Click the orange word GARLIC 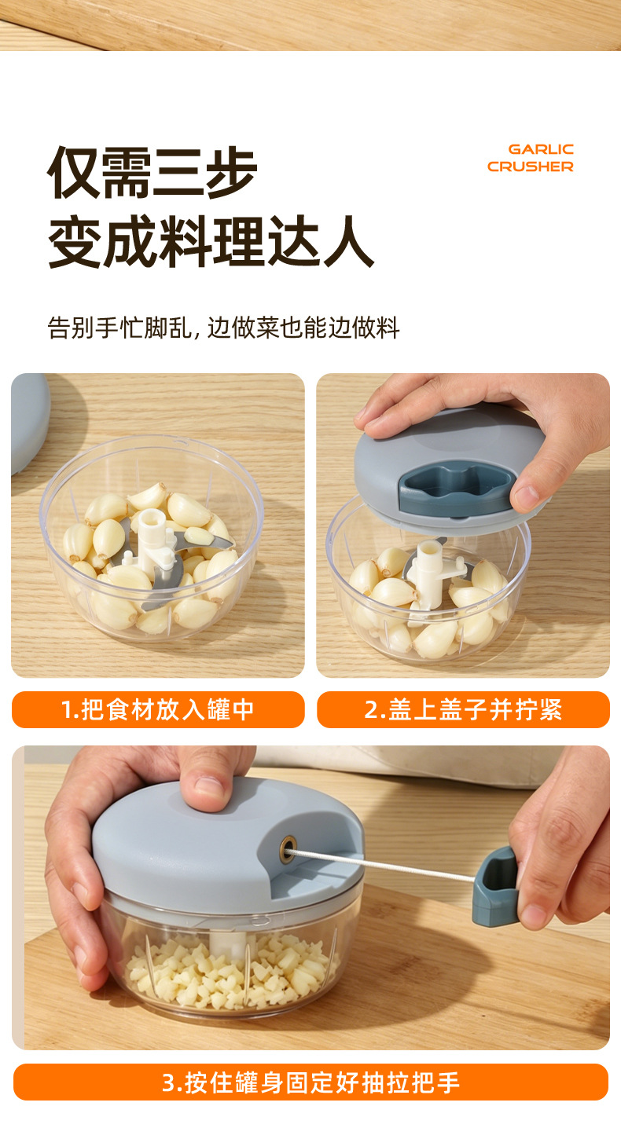[541, 149]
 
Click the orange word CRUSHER [531, 167]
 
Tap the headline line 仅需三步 [152, 173]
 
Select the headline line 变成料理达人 [211, 241]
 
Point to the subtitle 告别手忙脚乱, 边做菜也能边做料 [223, 328]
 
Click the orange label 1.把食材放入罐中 [158, 709]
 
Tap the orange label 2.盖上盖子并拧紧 [463, 709]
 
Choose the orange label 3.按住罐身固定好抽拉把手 [310, 1082]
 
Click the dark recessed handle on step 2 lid [457, 489]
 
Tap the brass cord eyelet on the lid [288, 848]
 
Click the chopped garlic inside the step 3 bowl [232, 971]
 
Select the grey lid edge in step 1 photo [30, 422]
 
